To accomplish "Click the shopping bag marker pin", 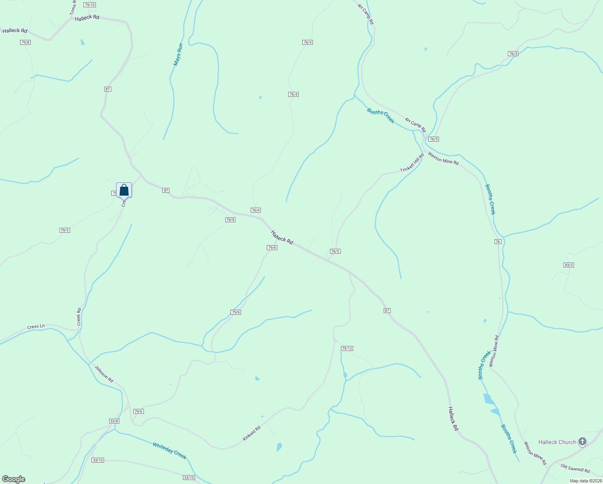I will [124, 190].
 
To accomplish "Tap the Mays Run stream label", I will [178, 54].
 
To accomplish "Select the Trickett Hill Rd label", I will [412, 163].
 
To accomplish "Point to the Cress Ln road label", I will [36, 326].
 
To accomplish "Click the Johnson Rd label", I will [104, 374].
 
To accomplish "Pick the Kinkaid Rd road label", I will [252, 433].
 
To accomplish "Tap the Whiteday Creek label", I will [169, 451].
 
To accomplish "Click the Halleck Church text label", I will [557, 442].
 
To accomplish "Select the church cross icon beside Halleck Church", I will [582, 442].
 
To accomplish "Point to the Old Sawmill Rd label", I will [575, 468].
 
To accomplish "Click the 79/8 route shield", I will [25, 42].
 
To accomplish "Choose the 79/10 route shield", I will [90, 5].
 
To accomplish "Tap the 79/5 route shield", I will [65, 230].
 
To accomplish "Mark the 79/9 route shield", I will [230, 220].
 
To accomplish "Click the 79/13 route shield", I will [347, 348].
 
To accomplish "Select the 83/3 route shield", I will [569, 265].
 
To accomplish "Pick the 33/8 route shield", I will [114, 421].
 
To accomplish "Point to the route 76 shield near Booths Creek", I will [498, 242].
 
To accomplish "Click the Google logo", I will [13, 479].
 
